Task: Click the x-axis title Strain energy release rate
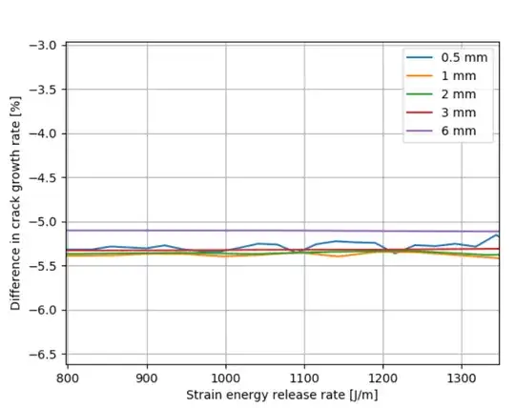283,395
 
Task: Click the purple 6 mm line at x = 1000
225,230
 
